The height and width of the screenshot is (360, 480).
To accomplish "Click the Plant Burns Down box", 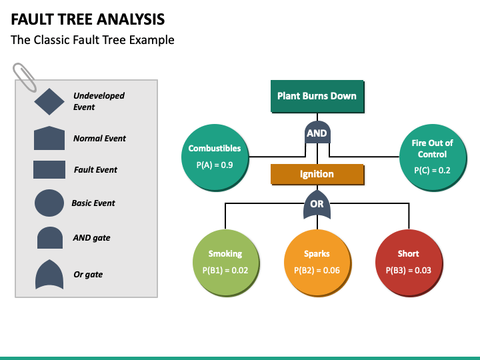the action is tap(317, 97).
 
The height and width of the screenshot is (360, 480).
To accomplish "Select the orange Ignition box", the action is tap(317, 175).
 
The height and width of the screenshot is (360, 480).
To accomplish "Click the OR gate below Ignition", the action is tap(317, 204).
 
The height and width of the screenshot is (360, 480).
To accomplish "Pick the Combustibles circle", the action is tap(215, 158).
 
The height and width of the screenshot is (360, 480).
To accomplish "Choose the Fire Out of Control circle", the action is tap(433, 158).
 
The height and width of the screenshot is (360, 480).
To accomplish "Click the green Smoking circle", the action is tap(226, 263).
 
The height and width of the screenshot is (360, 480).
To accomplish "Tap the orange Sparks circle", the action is tap(318, 263).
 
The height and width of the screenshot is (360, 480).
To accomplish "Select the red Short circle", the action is tap(409, 263).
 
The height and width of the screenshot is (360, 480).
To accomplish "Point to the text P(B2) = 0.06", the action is tap(317, 270).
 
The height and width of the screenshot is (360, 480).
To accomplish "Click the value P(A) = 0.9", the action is tap(215, 165).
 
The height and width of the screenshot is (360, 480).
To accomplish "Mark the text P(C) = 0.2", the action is tap(432, 171).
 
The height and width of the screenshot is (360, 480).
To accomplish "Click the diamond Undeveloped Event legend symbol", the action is tap(49, 101).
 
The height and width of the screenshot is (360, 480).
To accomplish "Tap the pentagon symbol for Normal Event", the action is tap(49, 138).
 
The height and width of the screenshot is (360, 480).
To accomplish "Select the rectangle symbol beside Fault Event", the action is tap(49, 169).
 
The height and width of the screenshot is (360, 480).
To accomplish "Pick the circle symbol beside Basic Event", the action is tap(49, 203).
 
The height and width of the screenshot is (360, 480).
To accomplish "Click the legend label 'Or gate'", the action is tap(88, 275).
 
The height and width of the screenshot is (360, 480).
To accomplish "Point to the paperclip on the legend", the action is tap(25, 77).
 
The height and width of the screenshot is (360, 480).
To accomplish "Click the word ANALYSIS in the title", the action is tap(131, 19).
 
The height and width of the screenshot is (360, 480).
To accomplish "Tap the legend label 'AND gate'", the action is tap(91, 238).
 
